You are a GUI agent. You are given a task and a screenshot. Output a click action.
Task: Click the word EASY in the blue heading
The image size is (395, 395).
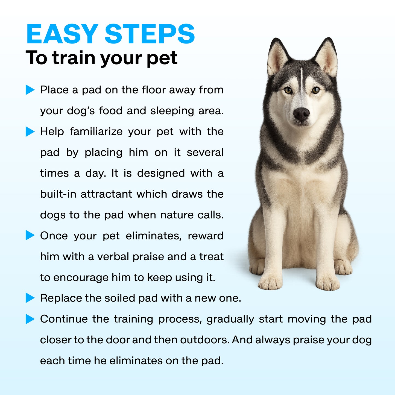[x=62, y=34]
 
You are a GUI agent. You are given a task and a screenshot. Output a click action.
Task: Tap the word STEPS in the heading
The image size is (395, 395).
[x=150, y=34]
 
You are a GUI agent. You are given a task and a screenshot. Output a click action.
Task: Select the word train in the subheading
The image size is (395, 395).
[x=74, y=58]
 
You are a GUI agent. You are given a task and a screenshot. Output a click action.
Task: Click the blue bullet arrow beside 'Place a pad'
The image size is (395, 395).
[x=30, y=90]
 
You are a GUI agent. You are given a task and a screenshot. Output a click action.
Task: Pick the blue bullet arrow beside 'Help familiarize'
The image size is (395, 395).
[x=30, y=131]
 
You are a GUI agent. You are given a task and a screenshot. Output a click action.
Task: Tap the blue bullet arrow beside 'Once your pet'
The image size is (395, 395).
[x=30, y=235]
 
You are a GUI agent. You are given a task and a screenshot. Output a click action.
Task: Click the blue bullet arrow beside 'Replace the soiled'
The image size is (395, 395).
[x=30, y=298]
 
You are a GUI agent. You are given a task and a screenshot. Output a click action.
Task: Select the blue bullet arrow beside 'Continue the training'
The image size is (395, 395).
[x=30, y=319]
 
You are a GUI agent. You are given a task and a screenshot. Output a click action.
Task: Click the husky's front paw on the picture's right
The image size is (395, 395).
[x=328, y=283]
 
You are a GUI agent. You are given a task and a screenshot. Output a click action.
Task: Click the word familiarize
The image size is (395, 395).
[x=96, y=131]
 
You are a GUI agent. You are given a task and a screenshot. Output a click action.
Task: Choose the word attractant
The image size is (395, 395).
[x=106, y=194]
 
